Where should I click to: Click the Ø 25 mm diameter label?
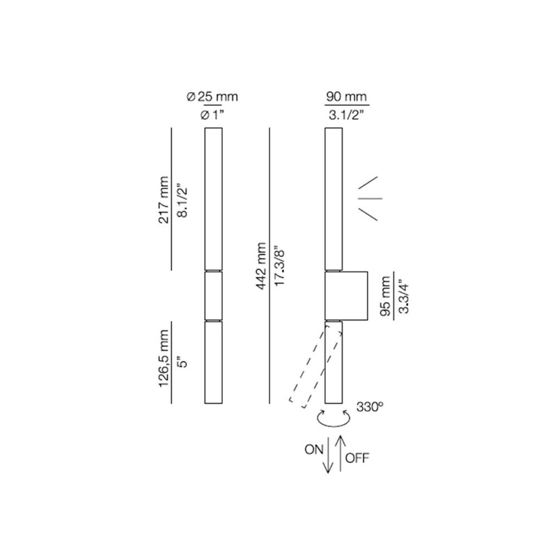(212, 96)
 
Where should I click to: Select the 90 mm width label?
(346, 96)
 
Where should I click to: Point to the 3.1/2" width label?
(346, 114)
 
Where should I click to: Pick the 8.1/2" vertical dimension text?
(183, 202)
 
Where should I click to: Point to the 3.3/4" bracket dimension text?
(403, 296)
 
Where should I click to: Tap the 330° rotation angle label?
(369, 407)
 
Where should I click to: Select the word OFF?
(357, 458)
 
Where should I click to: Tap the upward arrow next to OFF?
(339, 453)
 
